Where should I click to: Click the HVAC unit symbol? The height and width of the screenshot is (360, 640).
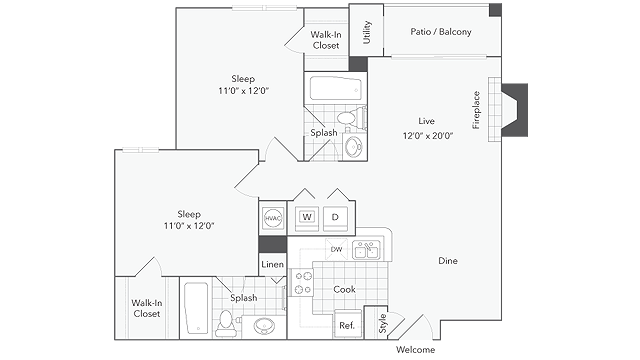coord(273,218)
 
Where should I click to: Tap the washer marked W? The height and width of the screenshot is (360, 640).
coord(307,218)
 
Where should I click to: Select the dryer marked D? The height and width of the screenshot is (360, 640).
coord(335,218)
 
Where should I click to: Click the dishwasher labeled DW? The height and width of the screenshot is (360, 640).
coord(336,249)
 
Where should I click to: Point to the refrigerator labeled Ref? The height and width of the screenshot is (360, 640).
coord(347,324)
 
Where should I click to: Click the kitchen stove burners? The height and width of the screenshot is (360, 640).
coord(302,282)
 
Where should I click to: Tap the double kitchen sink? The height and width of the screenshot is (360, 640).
coord(366,250)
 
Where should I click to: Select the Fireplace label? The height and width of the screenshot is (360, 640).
coord(476,110)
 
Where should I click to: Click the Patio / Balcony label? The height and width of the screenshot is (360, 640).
coord(441,32)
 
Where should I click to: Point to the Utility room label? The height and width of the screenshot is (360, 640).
coord(367,32)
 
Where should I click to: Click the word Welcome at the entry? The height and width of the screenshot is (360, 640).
coord(415,350)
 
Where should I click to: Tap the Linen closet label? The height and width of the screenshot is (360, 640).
coord(272,264)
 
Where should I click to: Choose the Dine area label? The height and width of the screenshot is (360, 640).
coord(448,261)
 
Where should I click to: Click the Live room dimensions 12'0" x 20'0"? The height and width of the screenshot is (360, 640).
coord(428,136)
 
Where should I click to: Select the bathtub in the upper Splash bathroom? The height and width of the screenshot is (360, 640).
coord(335,89)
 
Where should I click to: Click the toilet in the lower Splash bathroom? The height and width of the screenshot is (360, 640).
coord(225,324)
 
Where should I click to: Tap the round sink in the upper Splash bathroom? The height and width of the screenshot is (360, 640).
coord(353,146)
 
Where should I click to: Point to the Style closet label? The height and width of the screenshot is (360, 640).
coord(382,323)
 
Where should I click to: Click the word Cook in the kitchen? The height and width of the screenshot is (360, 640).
coord(344,289)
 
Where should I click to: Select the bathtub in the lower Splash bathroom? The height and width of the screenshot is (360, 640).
coord(196,309)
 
